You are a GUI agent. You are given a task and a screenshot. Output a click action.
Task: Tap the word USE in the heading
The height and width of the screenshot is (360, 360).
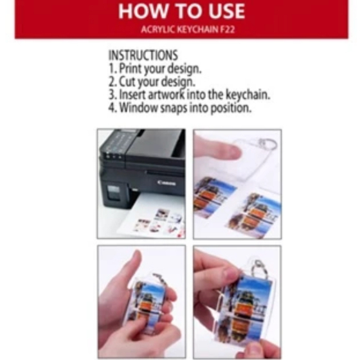tap(227, 12)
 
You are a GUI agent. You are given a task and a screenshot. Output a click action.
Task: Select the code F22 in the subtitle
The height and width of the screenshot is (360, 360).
tap(228, 30)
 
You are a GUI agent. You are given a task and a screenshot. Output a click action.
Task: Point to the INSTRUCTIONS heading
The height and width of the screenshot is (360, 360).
tap(143, 55)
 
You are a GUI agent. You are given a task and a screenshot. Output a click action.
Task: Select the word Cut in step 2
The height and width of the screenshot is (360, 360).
tap(127, 82)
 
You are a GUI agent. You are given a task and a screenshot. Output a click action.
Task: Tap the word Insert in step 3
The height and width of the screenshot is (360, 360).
tap(132, 94)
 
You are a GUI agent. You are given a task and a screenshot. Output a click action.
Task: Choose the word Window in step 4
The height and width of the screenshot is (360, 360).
tap(139, 107)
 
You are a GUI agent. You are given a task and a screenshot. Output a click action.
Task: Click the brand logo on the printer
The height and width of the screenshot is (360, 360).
tap(167, 183)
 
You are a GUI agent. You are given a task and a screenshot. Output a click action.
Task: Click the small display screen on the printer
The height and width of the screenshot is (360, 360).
tap(113, 192)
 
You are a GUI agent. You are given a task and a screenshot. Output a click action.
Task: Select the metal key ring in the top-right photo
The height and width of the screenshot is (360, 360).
tap(267, 144)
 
